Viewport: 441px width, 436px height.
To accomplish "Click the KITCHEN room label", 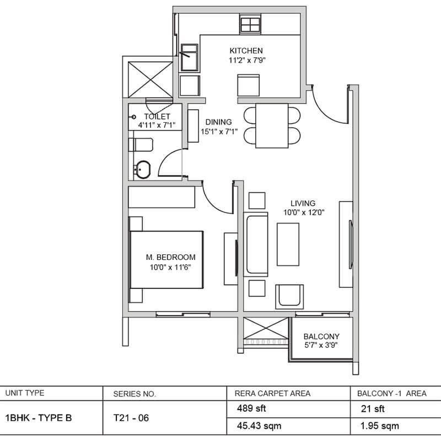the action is pyautogui.click(x=246, y=51).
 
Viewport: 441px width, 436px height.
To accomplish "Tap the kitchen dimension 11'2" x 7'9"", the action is pyautogui.click(x=247, y=60).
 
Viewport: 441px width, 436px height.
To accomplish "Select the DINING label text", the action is pyautogui.click(x=218, y=122).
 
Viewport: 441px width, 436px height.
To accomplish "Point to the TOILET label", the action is pyautogui.click(x=157, y=116).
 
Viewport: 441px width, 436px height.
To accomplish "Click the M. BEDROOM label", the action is pyautogui.click(x=170, y=257).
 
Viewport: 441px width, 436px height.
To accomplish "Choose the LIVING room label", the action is pyautogui.click(x=303, y=203).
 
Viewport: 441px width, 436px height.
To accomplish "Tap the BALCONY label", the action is pyautogui.click(x=321, y=336).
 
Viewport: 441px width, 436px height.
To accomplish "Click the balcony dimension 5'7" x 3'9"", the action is pyautogui.click(x=321, y=345).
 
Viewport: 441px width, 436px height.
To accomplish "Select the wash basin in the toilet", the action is pyautogui.click(x=142, y=170).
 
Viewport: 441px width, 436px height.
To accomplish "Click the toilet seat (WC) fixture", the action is pyautogui.click(x=141, y=145).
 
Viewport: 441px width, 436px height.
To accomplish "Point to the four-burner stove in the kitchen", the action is pyautogui.click(x=250, y=24).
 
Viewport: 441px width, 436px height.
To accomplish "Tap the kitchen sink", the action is pyautogui.click(x=189, y=57).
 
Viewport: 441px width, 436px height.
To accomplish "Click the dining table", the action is pyautogui.click(x=272, y=126).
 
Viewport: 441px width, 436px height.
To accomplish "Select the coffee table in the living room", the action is pyautogui.click(x=288, y=244).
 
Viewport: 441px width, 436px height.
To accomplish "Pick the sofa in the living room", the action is pyautogui.click(x=256, y=244).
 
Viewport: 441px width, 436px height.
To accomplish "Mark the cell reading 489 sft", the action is pyautogui.click(x=251, y=408).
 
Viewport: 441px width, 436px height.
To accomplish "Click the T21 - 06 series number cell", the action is pyautogui.click(x=131, y=418).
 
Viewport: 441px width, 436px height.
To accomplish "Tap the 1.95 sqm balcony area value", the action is pyautogui.click(x=380, y=426).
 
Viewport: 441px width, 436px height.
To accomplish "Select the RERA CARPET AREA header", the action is pyautogui.click(x=272, y=393).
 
